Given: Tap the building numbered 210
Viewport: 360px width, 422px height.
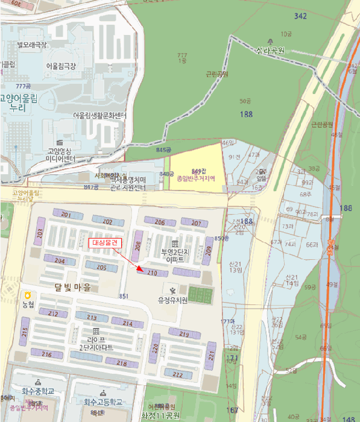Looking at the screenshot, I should click(151, 273).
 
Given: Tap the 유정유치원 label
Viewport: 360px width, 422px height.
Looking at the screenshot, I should click(173, 300).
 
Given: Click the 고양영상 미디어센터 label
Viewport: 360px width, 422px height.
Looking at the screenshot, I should click(60, 155).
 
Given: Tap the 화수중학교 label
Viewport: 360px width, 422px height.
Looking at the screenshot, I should click(38, 391).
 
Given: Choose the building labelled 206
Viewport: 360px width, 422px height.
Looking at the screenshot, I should click(160, 222).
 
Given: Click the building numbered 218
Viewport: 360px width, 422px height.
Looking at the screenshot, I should click(122, 363).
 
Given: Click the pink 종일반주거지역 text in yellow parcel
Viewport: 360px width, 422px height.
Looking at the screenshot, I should click(195, 179).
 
